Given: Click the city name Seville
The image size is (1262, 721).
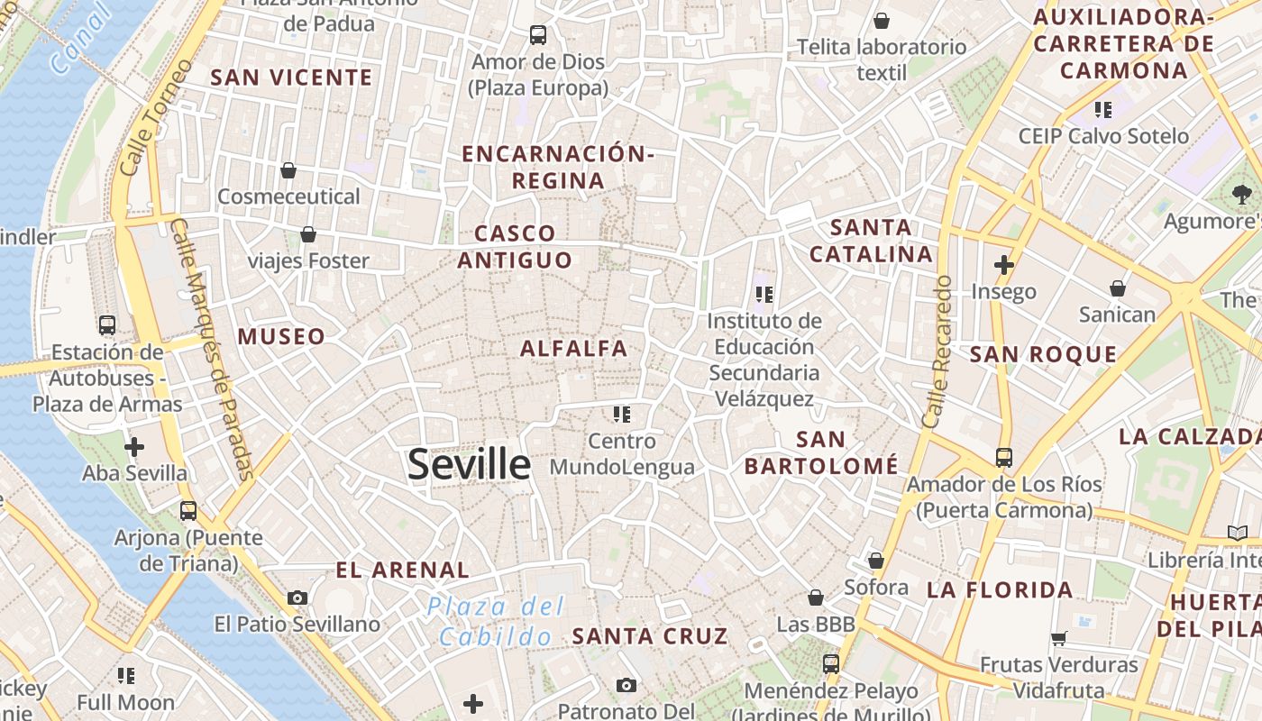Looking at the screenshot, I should (469, 464).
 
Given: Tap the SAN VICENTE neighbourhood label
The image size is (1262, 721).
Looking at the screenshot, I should (291, 78).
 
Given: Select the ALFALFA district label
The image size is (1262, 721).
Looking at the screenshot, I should (573, 348).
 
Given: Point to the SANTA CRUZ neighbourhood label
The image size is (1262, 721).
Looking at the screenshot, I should (650, 636).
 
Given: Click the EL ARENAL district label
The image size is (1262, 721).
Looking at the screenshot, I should (402, 570).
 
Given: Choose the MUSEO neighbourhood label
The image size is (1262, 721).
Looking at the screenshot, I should (281, 337).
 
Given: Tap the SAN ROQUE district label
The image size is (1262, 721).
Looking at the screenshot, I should (1043, 354).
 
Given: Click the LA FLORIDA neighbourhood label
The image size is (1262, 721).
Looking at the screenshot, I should (1000, 590).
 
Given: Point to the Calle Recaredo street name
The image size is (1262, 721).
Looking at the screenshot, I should (937, 351).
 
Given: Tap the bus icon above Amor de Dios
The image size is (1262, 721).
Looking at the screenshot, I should (538, 35).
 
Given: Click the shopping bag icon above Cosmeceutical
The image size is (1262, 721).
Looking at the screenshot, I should (288, 169).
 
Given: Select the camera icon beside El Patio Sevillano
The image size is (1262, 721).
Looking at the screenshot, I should (297, 598).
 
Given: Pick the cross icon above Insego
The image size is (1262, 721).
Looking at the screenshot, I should (1003, 265).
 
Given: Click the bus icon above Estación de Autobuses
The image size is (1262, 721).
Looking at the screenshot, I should (107, 324).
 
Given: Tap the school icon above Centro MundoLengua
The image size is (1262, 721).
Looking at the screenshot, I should (621, 415).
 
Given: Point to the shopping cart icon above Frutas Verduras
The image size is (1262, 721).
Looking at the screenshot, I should (1058, 638).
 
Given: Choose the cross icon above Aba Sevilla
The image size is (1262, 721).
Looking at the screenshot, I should (134, 446).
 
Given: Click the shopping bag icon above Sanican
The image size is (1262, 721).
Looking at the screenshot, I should (1118, 288).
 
